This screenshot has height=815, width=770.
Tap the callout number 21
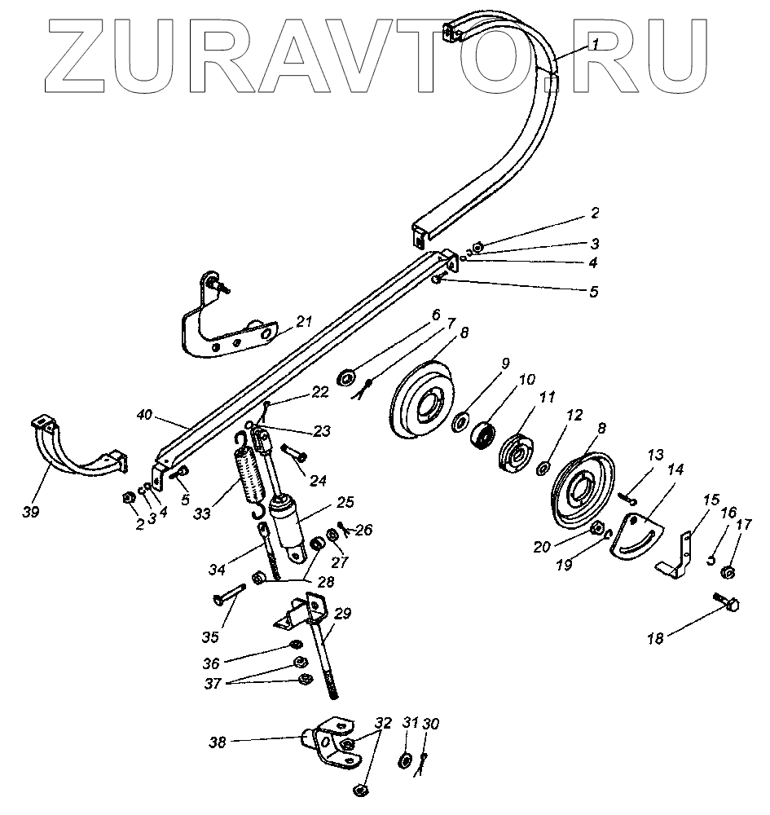[304, 323]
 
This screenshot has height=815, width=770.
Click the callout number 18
[654, 638]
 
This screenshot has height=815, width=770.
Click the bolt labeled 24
[293, 449]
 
